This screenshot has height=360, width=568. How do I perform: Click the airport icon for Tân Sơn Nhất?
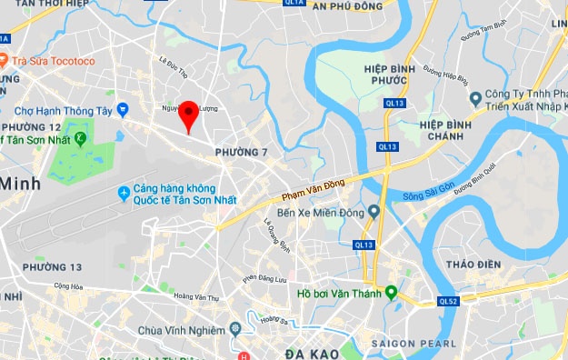click(x=125, y=193)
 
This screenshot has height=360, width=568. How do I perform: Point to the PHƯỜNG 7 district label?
click(x=239, y=150)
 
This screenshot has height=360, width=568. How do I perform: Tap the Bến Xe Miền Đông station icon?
click(x=373, y=212)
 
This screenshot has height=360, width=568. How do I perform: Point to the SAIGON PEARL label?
click(x=408, y=344)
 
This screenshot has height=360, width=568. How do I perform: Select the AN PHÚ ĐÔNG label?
click(x=344, y=5)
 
